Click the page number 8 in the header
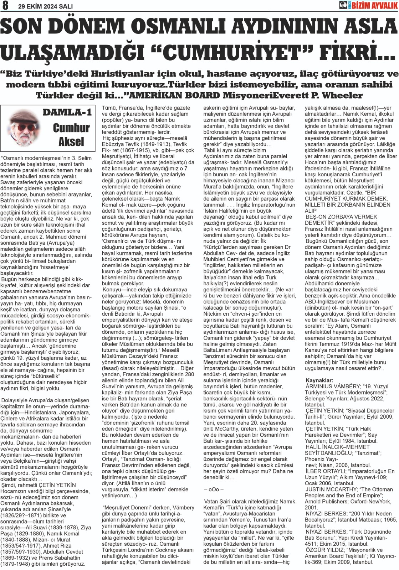point(6,6)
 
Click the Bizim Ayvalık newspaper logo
point(368,5)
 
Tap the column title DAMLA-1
point(67,113)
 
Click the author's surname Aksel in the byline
point(71,142)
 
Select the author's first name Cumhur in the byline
point(71,128)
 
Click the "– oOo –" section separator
point(214,489)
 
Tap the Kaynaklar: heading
point(319,380)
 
